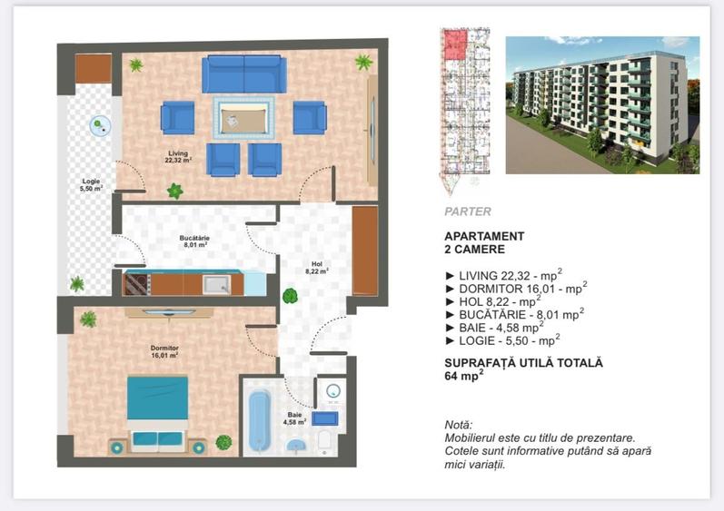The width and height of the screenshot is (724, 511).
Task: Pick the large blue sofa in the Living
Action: (243, 74)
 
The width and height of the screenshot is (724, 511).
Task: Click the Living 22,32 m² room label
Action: (177, 156)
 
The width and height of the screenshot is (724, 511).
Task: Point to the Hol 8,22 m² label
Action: (315, 267)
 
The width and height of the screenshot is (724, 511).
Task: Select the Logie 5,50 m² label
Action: (91, 184)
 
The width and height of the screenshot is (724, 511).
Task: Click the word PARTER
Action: (468, 211)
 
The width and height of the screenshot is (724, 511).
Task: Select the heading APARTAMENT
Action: (484, 236)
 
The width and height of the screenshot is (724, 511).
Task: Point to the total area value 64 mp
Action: (463, 377)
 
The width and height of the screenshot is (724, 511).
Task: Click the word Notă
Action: (459, 425)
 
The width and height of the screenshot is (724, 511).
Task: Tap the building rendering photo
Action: (601, 104)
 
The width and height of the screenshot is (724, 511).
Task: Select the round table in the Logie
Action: (100, 124)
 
